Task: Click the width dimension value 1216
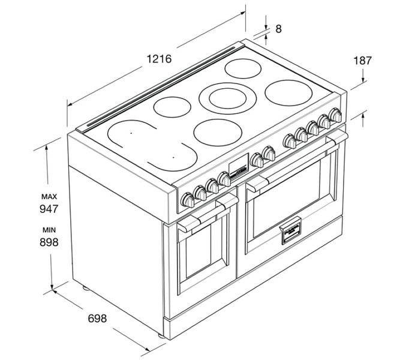click(x=159, y=59)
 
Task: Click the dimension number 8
click(x=278, y=29)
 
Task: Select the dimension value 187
click(x=362, y=61)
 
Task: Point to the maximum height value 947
click(x=49, y=209)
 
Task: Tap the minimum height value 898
click(x=49, y=242)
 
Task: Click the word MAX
click(x=49, y=196)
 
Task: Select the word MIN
click(x=49, y=230)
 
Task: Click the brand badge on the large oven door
click(x=290, y=233)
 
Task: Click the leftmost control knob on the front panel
click(x=187, y=199)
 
